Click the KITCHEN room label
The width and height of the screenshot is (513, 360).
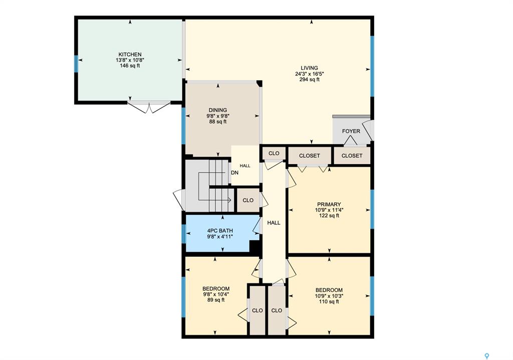tap(130, 55)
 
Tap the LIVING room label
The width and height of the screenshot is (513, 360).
tap(309, 68)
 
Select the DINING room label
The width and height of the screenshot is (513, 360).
tap(218, 110)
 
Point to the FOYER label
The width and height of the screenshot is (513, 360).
tap(351, 131)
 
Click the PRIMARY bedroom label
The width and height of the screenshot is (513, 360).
tap(329, 204)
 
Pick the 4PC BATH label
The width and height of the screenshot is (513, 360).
tap(220, 231)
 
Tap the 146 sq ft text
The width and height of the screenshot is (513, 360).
tap(130, 66)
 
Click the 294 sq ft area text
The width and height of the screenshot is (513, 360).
tap(309, 80)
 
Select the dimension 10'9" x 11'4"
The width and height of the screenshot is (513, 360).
tap(329, 210)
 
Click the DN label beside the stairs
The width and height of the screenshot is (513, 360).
tap(234, 172)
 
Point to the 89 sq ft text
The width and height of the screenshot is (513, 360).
tap(216, 300)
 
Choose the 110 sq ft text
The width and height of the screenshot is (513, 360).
tap(329, 301)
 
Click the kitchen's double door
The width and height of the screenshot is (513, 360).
tap(149, 107)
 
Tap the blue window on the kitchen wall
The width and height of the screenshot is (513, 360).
tap(76, 64)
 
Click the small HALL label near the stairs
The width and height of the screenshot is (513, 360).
tap(244, 166)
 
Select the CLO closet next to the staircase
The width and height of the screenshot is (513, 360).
tap(248, 200)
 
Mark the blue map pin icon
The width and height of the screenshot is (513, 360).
tap(487, 356)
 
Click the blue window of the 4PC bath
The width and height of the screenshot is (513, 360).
tap(184, 233)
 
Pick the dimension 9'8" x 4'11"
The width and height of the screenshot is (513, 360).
tap(220, 237)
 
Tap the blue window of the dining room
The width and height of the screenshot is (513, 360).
tap(183, 126)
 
